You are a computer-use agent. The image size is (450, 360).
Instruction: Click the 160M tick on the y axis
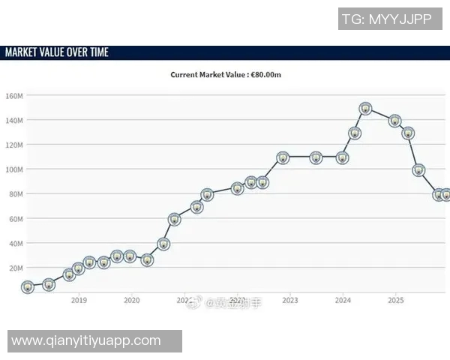[x=15, y=96]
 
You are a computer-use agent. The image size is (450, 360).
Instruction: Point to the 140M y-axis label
[x=15, y=121]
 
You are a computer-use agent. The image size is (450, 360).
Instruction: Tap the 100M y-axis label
[x=15, y=169]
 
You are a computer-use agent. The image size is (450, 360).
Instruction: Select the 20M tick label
[x=16, y=268]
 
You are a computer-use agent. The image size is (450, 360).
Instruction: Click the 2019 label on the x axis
[x=79, y=300]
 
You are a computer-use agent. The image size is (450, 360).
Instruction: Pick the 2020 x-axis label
[x=131, y=300]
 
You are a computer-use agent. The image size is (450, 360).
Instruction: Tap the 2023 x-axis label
[x=290, y=300]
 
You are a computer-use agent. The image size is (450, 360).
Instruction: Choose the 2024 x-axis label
[x=343, y=300]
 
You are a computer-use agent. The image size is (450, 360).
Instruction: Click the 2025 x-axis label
[x=396, y=300]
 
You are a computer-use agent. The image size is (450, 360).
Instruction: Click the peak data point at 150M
[x=365, y=109]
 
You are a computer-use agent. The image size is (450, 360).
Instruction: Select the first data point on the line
[x=28, y=287]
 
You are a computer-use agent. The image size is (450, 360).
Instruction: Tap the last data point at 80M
[x=445, y=195]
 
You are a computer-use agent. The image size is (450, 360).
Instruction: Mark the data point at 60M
[x=175, y=220]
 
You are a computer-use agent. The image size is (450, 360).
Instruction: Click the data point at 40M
[x=163, y=244]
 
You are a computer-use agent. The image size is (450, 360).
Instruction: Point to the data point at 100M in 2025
[x=418, y=170]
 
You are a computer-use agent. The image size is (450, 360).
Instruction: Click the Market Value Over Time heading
[x=57, y=52]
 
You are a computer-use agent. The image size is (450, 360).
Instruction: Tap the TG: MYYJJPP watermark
[x=386, y=19]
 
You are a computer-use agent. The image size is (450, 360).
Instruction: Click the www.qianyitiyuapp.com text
[x=86, y=340]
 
